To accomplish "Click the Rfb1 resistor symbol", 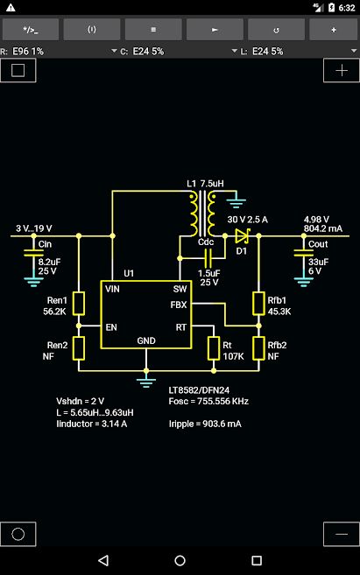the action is [258, 304].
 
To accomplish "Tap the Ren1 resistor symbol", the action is [79, 304].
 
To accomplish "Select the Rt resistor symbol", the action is [214, 348].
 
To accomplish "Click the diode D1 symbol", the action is [243, 235].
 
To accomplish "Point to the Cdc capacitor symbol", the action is [208, 258].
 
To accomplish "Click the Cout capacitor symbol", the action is [304, 253].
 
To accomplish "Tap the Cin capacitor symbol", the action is [33, 253].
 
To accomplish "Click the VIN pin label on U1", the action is [112, 289].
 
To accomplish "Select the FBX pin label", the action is [179, 305].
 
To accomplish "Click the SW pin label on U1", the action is [180, 289].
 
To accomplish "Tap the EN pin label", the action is [111, 327].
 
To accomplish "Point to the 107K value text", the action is [233, 356].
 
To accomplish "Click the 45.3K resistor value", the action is [279, 312].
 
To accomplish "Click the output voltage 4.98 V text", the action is [316, 220].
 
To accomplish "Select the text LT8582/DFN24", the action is [199, 390].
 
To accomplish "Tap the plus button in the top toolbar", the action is [333, 30].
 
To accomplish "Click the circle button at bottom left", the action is [18, 534].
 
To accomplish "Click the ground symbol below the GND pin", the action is [146, 382].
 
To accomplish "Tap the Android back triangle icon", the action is [103, 560].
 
